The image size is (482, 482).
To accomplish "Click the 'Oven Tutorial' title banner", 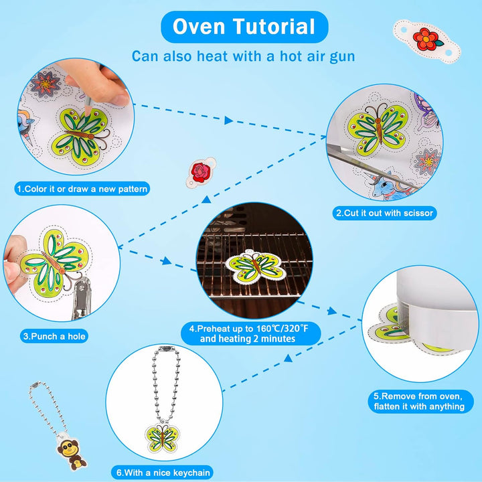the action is pyautogui.click(x=244, y=27).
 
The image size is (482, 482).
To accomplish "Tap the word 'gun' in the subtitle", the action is pyautogui.click(x=342, y=57).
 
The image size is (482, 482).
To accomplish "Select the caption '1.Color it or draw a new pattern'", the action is pyautogui.click(x=82, y=189).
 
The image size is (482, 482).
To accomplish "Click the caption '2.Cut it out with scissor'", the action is pyautogui.click(x=384, y=213).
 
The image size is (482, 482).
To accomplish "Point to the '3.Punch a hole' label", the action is pyautogui.click(x=54, y=336).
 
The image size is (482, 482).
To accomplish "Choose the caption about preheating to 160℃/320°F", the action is pyautogui.click(x=250, y=333).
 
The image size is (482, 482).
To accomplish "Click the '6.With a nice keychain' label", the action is pyautogui.click(x=163, y=473).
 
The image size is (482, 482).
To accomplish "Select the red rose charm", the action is pyautogui.click(x=201, y=172).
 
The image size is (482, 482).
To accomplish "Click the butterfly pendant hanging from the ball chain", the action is pyautogui.click(x=162, y=438).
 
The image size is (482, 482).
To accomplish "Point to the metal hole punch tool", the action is pyautogui.click(x=81, y=297).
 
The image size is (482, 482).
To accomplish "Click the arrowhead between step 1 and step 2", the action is pyautogui.click(x=228, y=120).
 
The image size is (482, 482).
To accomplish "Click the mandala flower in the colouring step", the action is pyautogui.click(x=45, y=84).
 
